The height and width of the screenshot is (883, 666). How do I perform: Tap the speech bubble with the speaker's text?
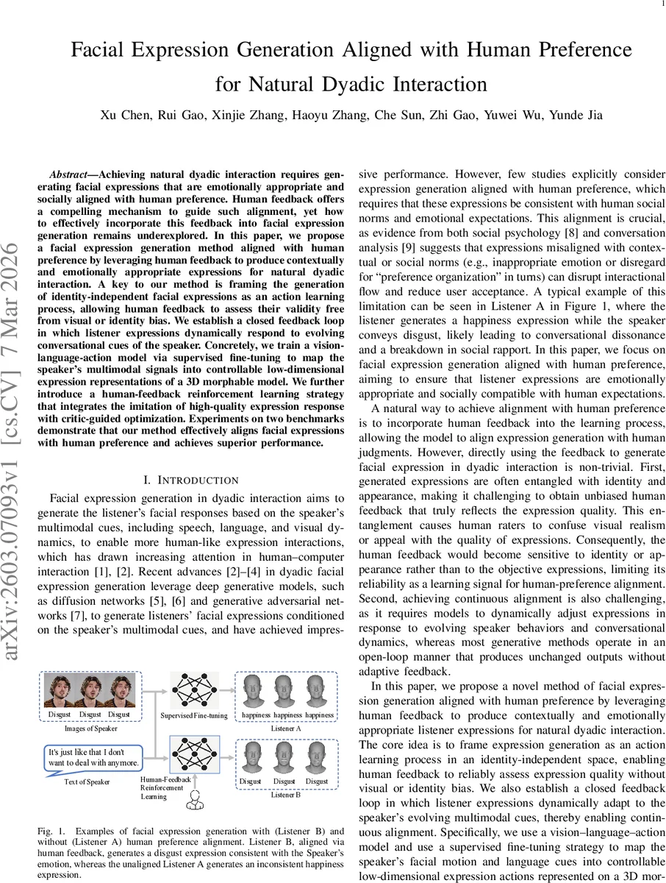click(x=91, y=757)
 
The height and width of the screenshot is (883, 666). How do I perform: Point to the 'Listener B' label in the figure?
click(x=285, y=795)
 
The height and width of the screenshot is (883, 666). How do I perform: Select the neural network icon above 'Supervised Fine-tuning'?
click(x=194, y=690)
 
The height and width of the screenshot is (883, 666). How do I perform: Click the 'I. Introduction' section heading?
click(x=190, y=480)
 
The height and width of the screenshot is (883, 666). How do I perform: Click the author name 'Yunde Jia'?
click(x=579, y=115)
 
